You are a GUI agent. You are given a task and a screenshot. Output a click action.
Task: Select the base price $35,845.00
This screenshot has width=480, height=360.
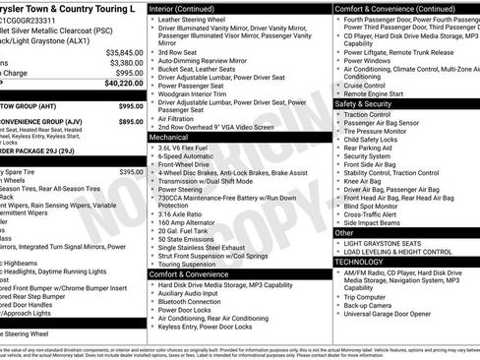[124, 51]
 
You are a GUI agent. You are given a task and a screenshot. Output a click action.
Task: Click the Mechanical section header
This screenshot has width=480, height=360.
[169, 138]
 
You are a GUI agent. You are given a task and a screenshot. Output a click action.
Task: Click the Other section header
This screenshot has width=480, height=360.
[347, 232]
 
